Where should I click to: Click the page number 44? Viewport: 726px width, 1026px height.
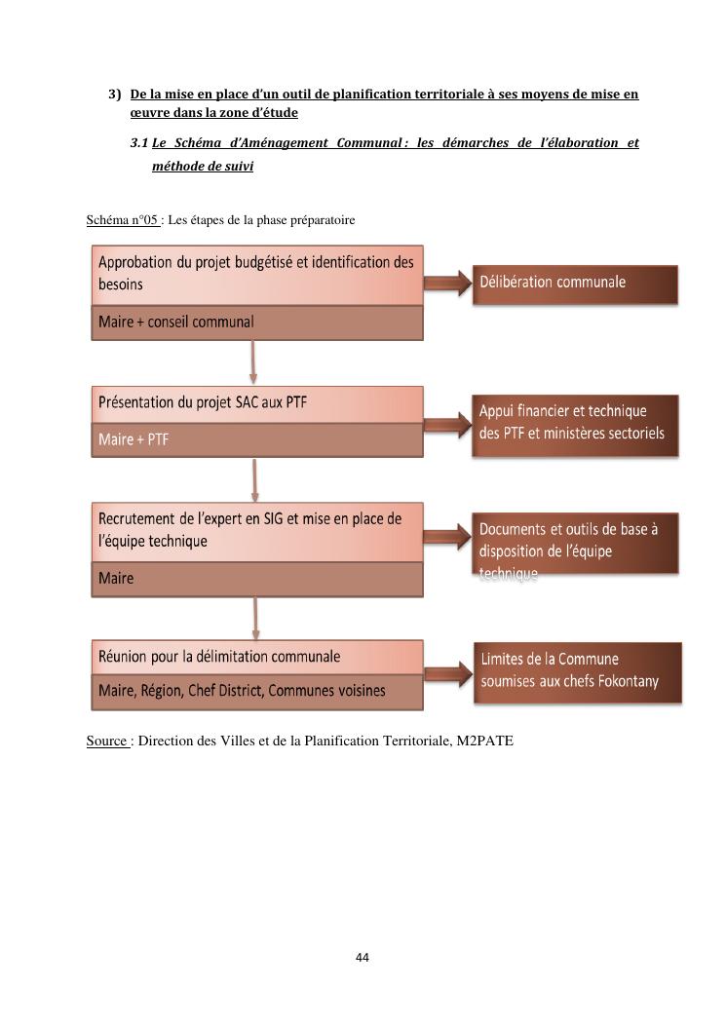pos(363,958)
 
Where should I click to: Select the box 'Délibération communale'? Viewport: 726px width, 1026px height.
pos(575,283)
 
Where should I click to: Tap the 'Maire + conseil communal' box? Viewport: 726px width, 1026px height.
pos(257,323)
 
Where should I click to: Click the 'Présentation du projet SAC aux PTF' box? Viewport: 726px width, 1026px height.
pos(257,404)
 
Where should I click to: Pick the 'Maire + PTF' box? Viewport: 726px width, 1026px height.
pos(257,439)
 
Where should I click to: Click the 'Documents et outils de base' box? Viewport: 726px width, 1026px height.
pos(575,544)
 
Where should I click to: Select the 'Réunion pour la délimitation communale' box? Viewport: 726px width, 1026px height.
pos(257,658)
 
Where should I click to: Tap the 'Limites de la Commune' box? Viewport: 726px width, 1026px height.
pos(578,670)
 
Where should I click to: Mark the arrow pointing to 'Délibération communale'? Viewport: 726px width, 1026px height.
pos(447,283)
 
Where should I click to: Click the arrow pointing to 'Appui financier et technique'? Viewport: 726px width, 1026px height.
pos(447,425)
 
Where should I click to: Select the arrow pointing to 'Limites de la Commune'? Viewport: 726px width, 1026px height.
pos(447,671)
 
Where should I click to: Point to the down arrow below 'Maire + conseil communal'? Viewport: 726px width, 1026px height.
pos(253,361)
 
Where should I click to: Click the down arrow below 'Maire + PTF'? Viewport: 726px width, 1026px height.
pos(254,480)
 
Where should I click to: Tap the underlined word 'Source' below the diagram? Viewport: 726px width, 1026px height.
pos(106,741)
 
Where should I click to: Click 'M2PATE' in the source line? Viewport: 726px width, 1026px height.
pos(484,741)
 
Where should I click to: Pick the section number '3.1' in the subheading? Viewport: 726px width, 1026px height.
pos(138,143)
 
